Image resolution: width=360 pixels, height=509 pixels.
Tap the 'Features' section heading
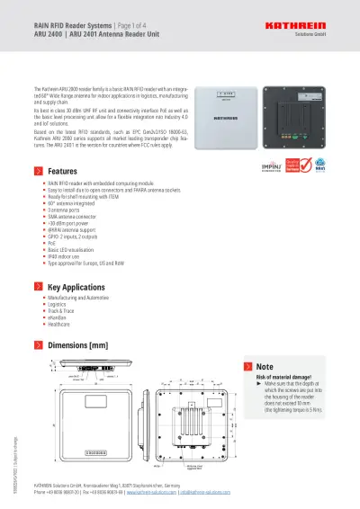[x=62, y=170]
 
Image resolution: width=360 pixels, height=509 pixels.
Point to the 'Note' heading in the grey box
[x=265, y=367]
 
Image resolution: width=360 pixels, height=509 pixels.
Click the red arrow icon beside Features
[x=37, y=170]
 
